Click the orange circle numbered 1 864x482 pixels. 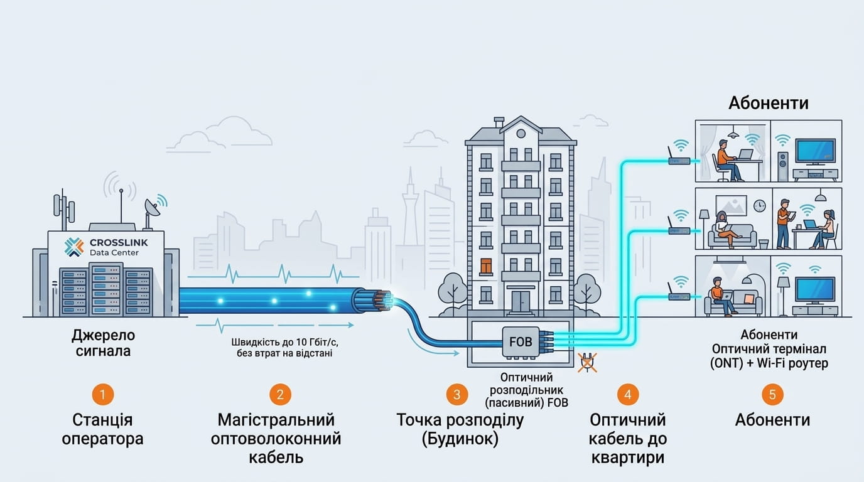(102, 394)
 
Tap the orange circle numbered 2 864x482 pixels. (280, 394)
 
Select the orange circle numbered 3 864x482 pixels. (456, 394)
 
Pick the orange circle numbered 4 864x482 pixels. (627, 394)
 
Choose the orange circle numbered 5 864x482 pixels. (772, 394)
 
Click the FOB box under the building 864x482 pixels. (521, 342)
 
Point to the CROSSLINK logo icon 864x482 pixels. (74, 247)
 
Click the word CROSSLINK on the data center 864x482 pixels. (119, 242)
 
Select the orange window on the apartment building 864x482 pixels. (485, 267)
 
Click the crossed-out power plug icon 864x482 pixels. (587, 363)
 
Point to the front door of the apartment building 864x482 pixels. (521, 302)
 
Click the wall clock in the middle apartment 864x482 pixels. (760, 205)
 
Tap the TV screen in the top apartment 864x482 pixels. (816, 151)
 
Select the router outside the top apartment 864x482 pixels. (679, 156)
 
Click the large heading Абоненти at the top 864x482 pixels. (769, 103)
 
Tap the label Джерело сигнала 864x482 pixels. (103, 343)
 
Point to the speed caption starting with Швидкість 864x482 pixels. (284, 348)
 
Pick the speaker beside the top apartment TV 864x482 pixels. (782, 166)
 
